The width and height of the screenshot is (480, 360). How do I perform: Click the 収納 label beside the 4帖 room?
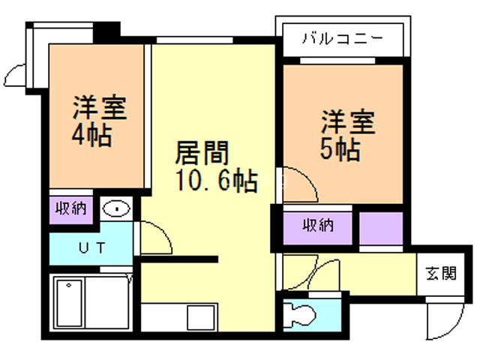click(x=71, y=208)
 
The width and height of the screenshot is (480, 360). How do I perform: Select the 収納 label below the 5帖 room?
click(x=318, y=224)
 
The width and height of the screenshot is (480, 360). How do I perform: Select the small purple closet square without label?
click(x=380, y=228)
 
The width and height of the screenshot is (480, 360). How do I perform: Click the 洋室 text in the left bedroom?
click(x=98, y=109)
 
